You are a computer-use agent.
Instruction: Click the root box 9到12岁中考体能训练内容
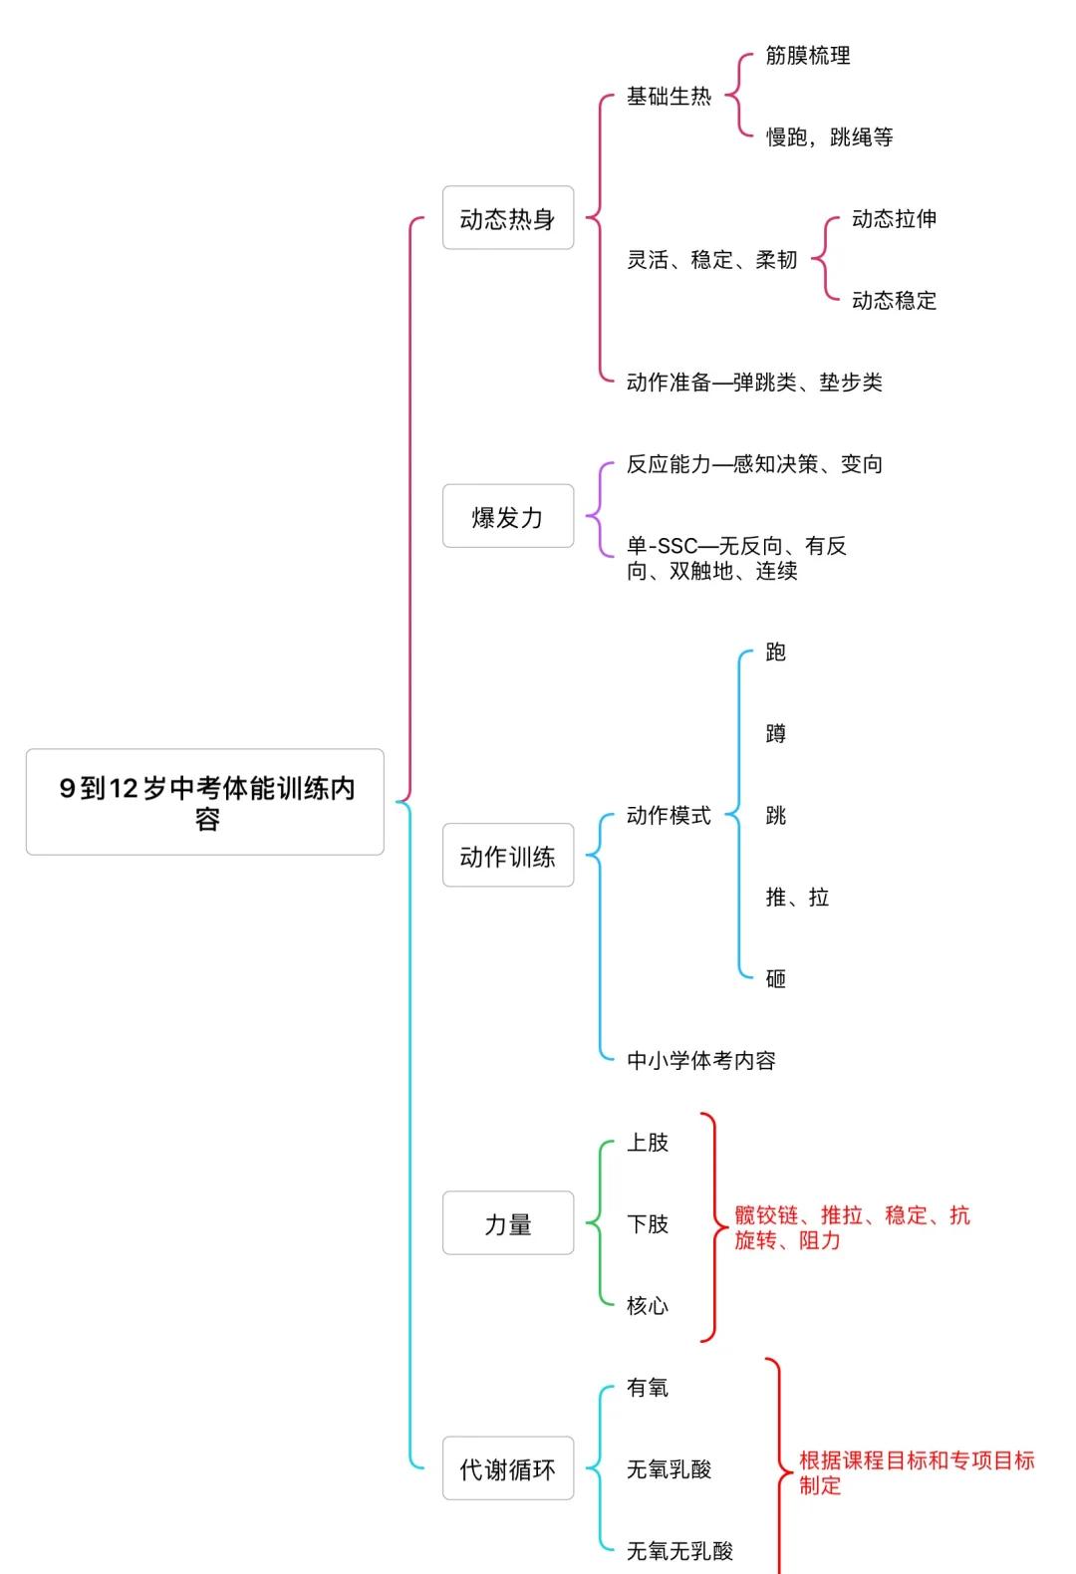click(205, 802)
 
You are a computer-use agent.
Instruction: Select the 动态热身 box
click(508, 218)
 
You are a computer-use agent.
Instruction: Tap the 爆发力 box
click(508, 516)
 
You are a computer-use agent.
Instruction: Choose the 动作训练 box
click(508, 856)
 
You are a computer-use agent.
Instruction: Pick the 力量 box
click(508, 1223)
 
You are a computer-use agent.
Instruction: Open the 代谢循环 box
click(508, 1468)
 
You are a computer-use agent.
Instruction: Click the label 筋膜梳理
click(808, 56)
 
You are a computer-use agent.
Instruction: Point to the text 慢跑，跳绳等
click(829, 137)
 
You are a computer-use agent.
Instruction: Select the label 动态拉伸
click(894, 219)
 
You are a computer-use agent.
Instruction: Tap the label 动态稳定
click(894, 301)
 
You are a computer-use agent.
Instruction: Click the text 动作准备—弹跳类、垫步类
click(754, 383)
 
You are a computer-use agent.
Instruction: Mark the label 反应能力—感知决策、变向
click(754, 464)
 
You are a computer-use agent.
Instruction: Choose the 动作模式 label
click(669, 816)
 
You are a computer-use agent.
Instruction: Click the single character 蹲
click(776, 734)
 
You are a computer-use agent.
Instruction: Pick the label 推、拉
click(797, 898)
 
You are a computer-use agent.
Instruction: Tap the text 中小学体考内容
click(701, 1061)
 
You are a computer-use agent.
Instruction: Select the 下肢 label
click(648, 1224)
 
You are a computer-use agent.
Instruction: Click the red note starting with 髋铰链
click(852, 1227)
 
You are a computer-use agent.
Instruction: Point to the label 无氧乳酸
click(669, 1469)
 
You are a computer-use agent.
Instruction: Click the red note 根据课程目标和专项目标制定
click(917, 1472)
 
